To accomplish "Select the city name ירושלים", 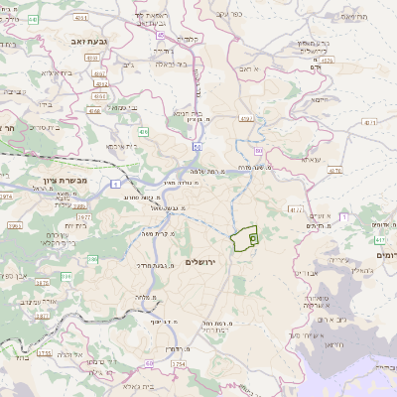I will pyautogui.click(x=199, y=261).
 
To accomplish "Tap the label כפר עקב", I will pyautogui.click(x=227, y=15).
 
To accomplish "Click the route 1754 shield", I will pyautogui.click(x=179, y=364).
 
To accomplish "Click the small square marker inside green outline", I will pyautogui.click(x=253, y=238).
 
